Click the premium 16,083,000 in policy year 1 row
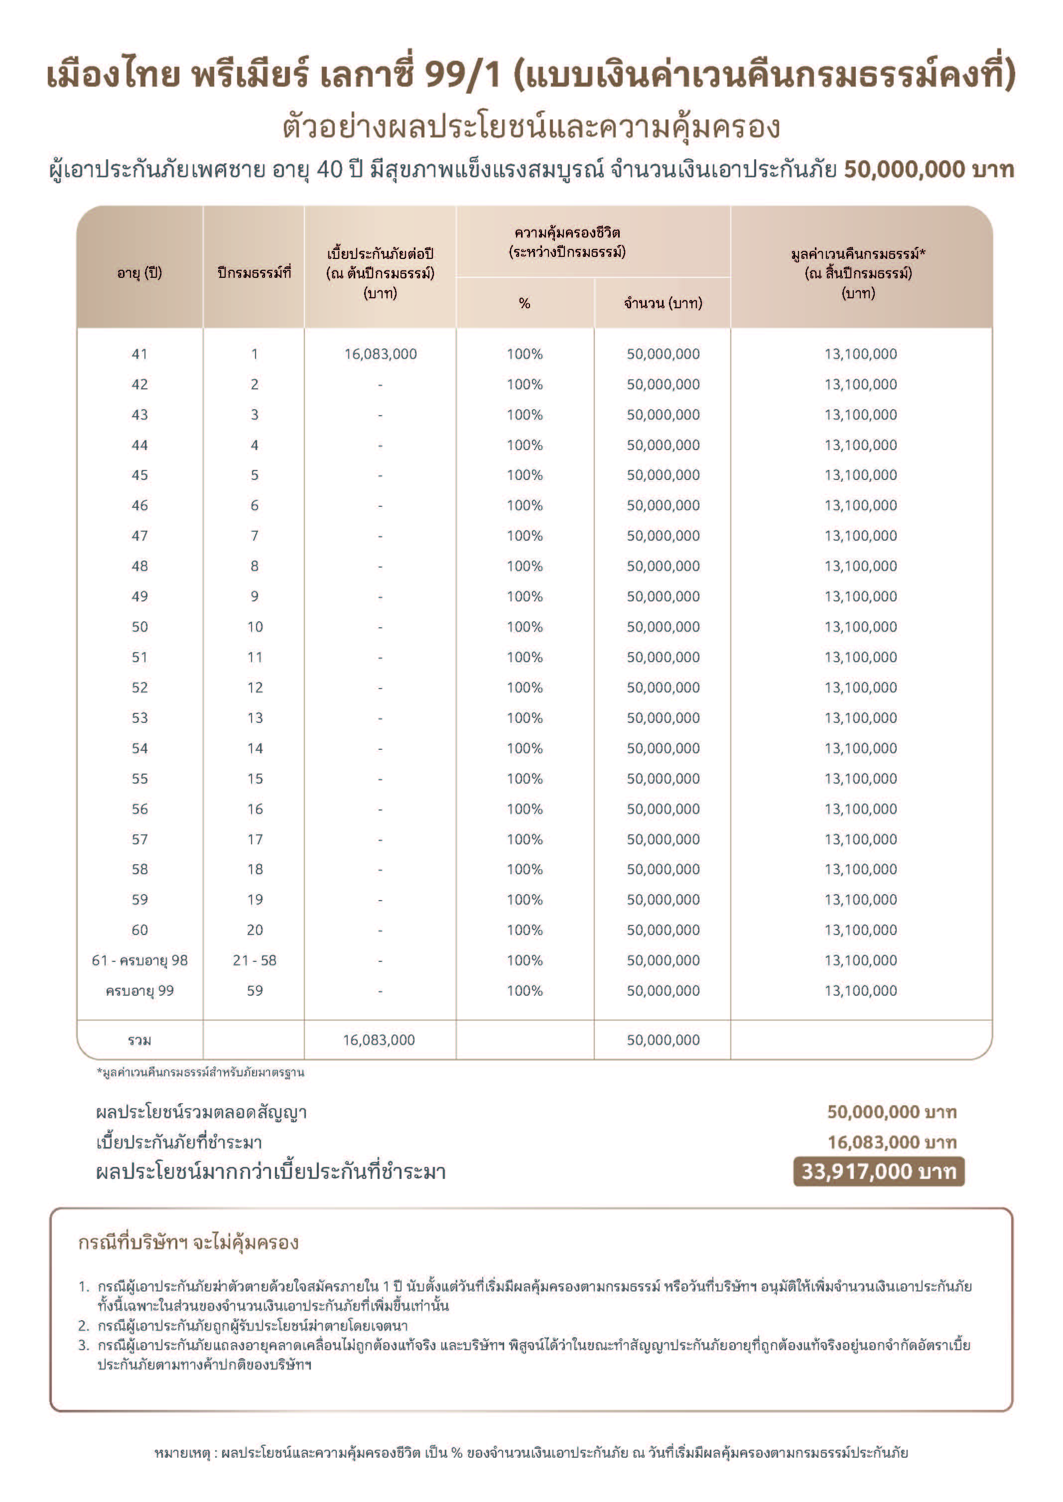pyautogui.click(x=380, y=354)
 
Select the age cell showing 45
pyautogui.click(x=139, y=475)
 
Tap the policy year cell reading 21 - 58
pyautogui.click(x=255, y=960)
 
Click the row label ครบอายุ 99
pyautogui.click(x=139, y=990)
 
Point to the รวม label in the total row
pyautogui.click(x=139, y=1040)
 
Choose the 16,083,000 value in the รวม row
pyautogui.click(x=379, y=1040)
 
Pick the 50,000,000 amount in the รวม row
pyautogui.click(x=663, y=1040)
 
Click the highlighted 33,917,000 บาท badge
pyautogui.click(x=878, y=1171)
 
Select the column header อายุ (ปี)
pyautogui.click(x=139, y=273)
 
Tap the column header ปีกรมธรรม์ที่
pyautogui.click(x=254, y=273)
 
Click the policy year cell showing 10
pyautogui.click(x=255, y=627)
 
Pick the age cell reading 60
pyautogui.click(x=139, y=929)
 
